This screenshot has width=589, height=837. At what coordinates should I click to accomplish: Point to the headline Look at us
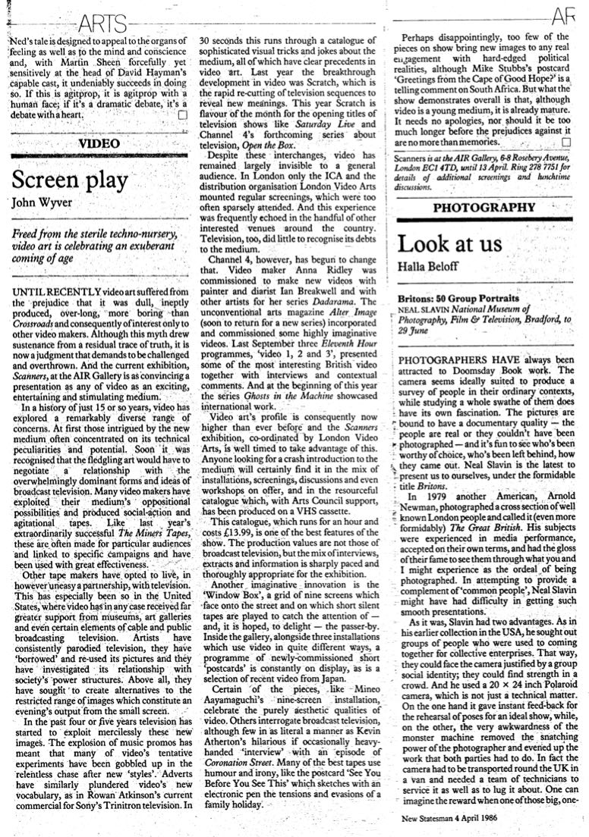(450, 244)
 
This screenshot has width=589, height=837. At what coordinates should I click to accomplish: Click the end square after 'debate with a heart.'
(181, 114)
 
